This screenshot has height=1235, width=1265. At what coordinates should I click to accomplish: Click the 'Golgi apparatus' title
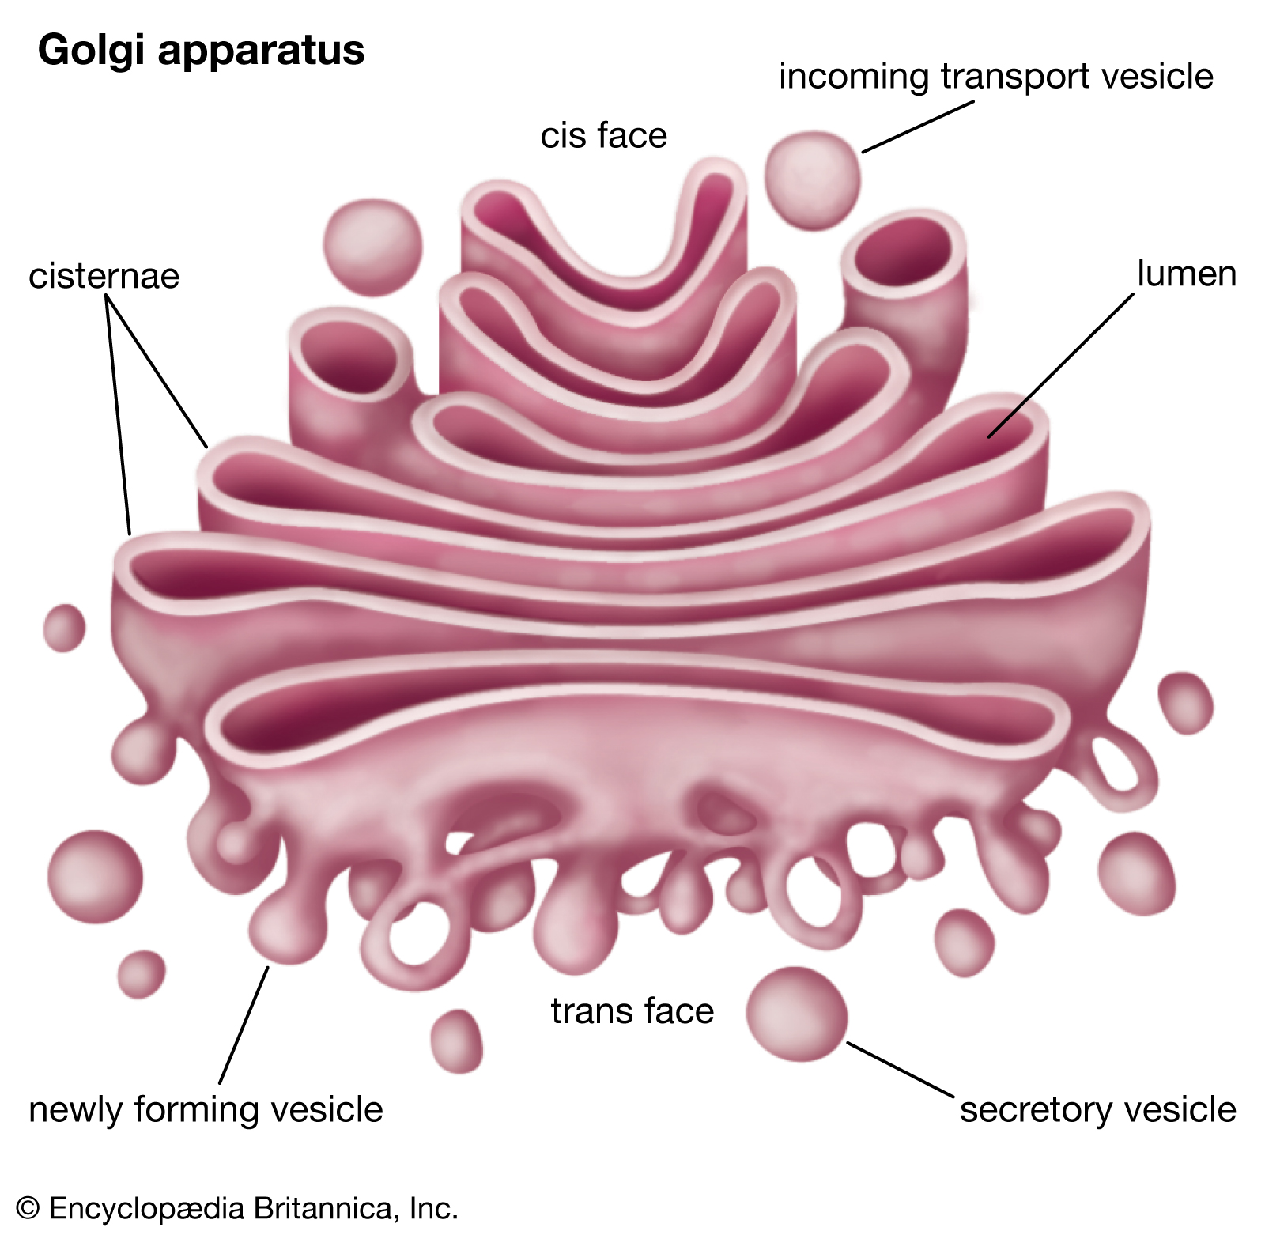coord(201,50)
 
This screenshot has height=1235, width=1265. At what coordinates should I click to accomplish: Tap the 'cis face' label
coord(603,135)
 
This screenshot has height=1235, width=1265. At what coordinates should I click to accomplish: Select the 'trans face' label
coord(632,1010)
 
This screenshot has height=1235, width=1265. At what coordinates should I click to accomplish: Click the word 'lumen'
coord(1186,274)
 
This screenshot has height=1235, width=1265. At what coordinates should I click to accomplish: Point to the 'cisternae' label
coord(104,276)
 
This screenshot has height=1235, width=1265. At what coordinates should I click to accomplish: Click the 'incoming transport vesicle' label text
coord(995,77)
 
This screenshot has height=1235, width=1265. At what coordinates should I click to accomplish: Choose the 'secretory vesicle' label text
coord(1097,1109)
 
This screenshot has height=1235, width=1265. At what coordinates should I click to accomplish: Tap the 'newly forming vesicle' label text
coord(206,1109)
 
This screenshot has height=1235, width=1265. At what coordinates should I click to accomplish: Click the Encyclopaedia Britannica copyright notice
coord(237,1208)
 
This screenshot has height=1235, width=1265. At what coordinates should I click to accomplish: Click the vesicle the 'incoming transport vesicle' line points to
coord(812,181)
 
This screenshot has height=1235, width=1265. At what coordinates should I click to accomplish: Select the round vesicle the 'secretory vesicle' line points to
coord(796,1014)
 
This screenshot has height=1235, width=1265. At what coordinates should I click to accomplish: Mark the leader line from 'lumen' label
coord(1059,366)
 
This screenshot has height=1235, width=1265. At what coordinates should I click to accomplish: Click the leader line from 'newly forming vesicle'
coord(244,1025)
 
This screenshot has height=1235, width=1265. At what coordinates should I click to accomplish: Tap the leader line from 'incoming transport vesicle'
coord(917,127)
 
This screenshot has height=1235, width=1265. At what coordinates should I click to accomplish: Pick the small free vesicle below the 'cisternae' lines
coord(64,628)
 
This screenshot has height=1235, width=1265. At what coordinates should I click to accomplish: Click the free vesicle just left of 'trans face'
coord(456,1040)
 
